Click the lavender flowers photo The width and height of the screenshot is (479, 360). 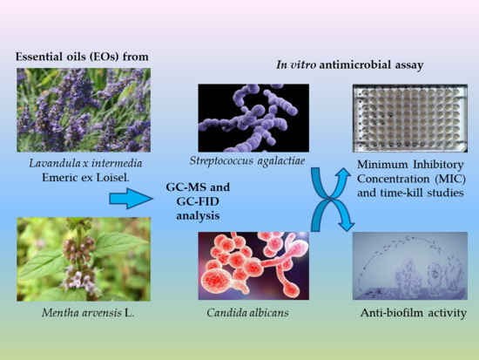[83, 109]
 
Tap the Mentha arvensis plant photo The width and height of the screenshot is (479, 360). [83, 259]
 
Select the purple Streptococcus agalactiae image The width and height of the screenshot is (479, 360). [253, 118]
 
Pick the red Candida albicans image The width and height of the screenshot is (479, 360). [253, 265]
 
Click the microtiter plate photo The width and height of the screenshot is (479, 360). [403, 118]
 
